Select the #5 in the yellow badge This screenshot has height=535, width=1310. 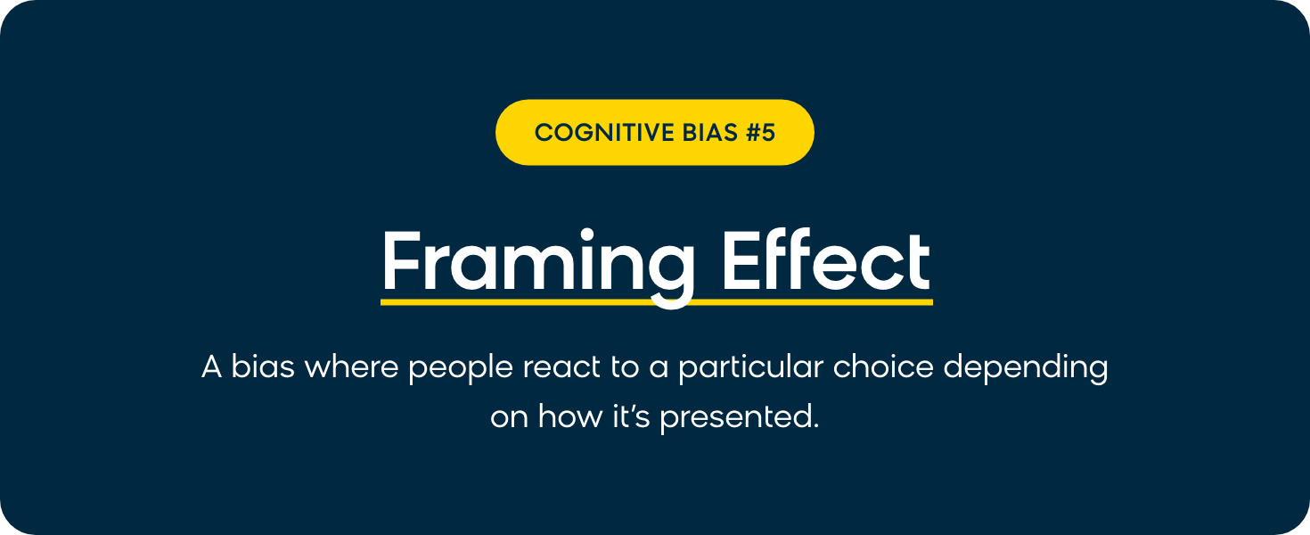[760, 132]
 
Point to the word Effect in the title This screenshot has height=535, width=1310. [826, 259]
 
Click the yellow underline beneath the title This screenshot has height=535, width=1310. [656, 302]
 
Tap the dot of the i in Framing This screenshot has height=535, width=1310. [586, 235]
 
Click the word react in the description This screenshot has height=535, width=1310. [561, 367]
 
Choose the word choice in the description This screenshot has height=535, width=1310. [883, 366]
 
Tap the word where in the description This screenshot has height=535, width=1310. [351, 366]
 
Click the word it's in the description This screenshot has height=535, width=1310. [631, 416]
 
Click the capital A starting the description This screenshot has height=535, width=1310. [212, 367]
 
